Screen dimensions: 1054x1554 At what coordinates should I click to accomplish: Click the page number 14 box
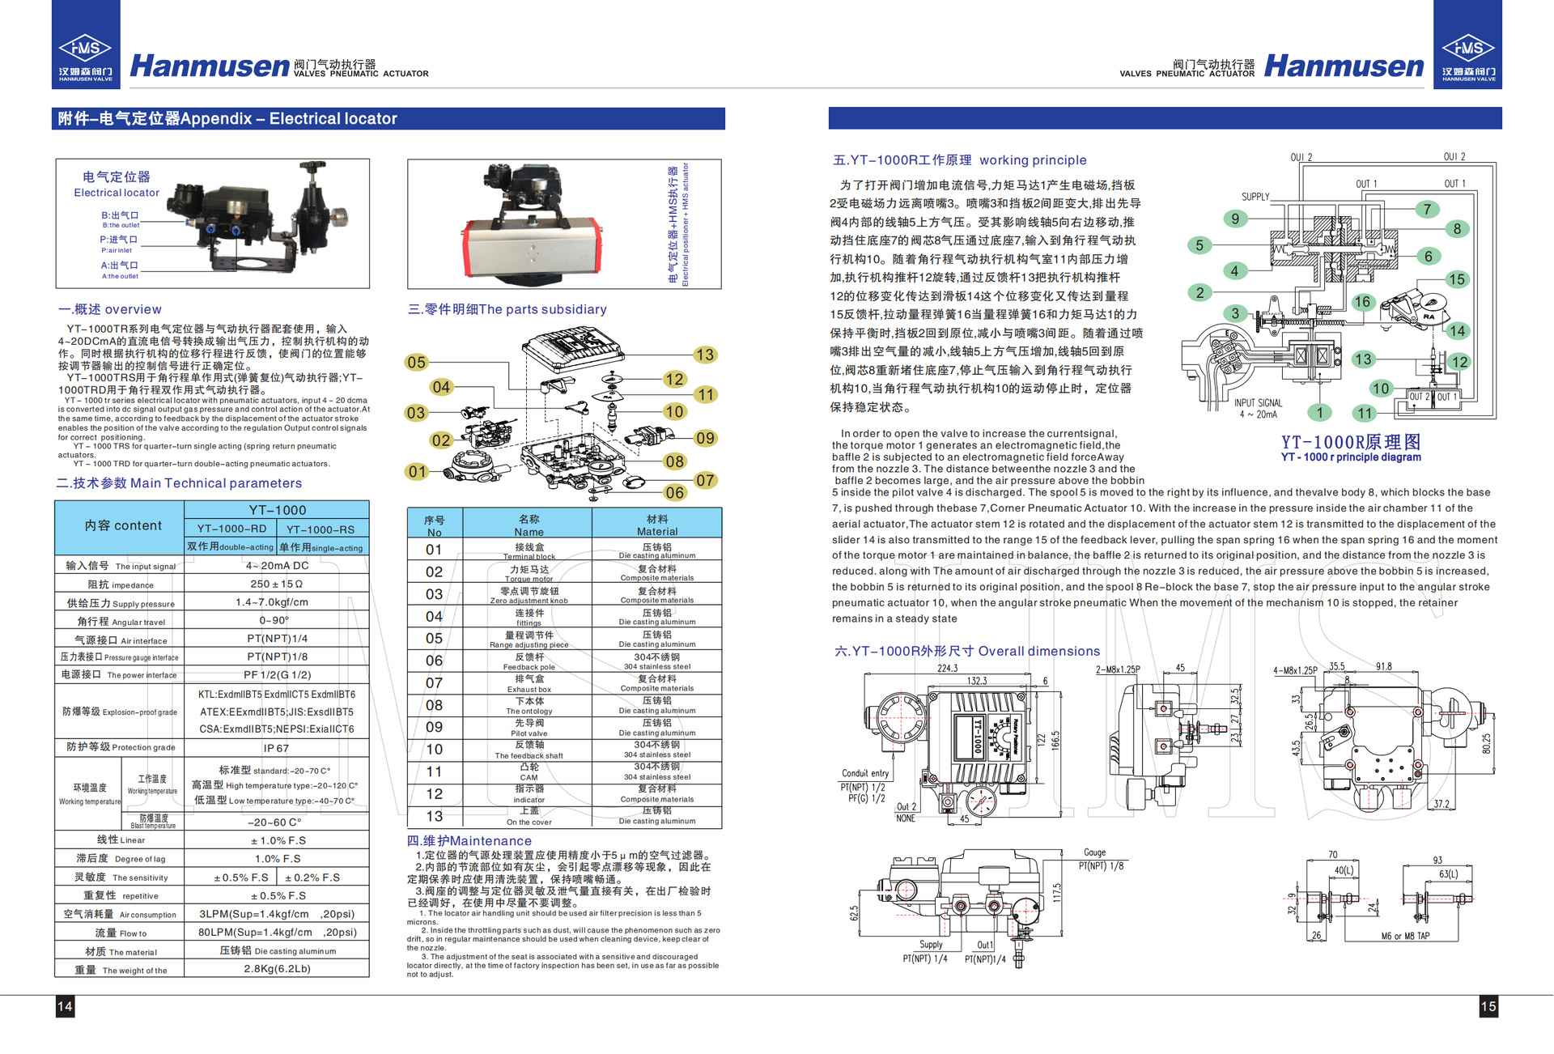click(65, 1006)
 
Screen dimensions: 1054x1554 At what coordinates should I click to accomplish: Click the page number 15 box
click(1488, 1006)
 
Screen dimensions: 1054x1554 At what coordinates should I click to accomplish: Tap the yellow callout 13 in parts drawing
click(704, 355)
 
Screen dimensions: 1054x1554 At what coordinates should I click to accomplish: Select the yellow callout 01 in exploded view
click(417, 471)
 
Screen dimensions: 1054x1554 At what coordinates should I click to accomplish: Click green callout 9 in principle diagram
click(1235, 219)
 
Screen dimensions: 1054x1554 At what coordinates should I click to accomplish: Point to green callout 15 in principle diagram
click(1457, 279)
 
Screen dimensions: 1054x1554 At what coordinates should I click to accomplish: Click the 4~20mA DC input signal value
click(277, 566)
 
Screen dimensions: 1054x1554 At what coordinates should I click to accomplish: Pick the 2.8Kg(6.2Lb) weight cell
click(277, 968)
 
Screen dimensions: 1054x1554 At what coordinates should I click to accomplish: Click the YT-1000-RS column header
click(321, 529)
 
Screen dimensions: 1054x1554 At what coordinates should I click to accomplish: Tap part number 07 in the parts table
click(434, 682)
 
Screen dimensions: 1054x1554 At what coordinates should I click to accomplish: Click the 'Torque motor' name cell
click(529, 573)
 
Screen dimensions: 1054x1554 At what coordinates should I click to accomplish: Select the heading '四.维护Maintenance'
click(469, 841)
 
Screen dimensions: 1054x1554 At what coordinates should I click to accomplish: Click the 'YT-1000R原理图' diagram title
click(1350, 442)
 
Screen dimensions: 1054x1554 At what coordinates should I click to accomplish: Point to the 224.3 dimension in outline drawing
click(947, 668)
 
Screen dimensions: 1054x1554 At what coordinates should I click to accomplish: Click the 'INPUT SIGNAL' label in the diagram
click(1258, 402)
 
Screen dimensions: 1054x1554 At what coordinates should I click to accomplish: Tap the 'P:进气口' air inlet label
click(118, 240)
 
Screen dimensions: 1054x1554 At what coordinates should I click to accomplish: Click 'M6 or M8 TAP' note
click(1405, 936)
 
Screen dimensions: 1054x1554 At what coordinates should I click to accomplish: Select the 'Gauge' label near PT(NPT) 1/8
click(1094, 852)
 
